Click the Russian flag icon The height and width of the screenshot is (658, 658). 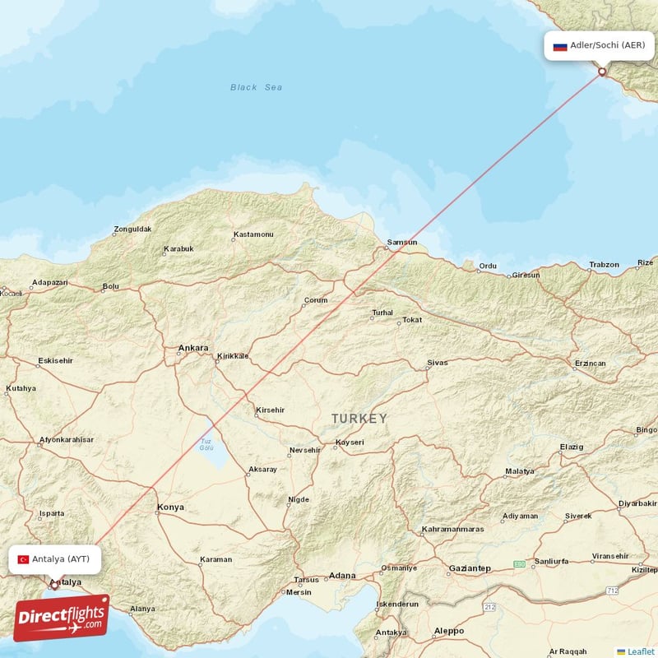[560, 46]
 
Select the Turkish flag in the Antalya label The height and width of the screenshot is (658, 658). [23, 559]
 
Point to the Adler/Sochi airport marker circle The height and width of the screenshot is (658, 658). [602, 72]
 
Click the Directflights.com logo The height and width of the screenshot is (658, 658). [62, 618]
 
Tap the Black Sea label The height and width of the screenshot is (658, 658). [256, 87]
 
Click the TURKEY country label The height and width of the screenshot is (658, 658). [359, 419]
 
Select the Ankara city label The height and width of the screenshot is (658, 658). [193, 348]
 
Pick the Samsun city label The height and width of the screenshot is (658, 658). [402, 243]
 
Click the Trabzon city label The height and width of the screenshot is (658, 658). [604, 264]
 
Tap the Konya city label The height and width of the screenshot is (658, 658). [170, 507]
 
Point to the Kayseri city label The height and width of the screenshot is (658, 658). [349, 444]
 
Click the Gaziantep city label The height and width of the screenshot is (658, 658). [470, 568]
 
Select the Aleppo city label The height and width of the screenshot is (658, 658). [449, 631]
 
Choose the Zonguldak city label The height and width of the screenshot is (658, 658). [132, 229]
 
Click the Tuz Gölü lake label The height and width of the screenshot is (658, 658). [206, 445]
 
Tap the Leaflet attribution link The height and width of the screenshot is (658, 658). [640, 651]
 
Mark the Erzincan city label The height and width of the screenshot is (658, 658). [591, 363]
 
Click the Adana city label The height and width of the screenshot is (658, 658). [342, 576]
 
